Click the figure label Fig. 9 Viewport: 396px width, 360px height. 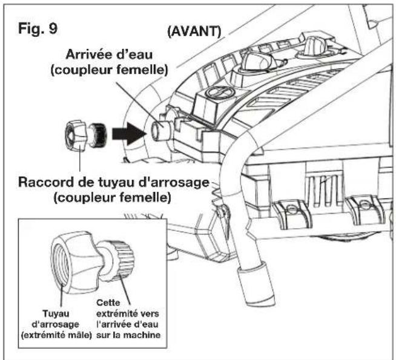click(38, 28)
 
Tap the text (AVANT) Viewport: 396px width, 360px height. click(194, 31)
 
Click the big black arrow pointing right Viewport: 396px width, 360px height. click(130, 134)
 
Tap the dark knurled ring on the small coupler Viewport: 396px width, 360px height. click(99, 134)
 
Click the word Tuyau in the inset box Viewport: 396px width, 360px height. click(56, 313)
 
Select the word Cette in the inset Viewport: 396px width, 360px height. click(108, 303)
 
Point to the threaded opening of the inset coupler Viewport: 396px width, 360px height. click(61, 264)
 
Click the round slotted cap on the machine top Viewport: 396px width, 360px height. click(219, 92)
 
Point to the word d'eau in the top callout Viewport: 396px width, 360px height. click(135, 54)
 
